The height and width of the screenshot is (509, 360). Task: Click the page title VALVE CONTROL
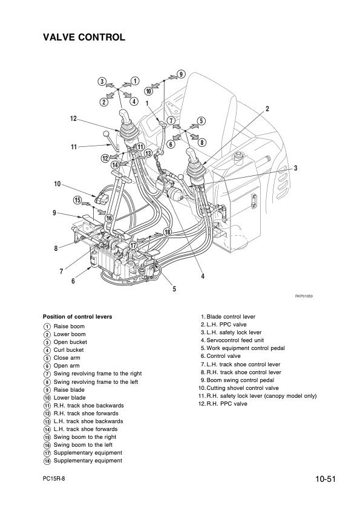tap(84, 37)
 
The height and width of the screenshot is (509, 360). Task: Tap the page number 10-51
tap(324, 479)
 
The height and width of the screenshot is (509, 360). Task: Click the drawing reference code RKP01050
tap(304, 296)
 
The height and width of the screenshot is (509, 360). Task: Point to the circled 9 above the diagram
tap(182, 74)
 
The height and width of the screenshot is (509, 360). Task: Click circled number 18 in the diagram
tap(168, 232)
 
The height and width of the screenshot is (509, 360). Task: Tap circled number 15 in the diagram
tap(77, 200)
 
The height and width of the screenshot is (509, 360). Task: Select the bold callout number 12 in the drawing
tap(73, 119)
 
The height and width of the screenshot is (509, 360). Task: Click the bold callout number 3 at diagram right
tap(296, 168)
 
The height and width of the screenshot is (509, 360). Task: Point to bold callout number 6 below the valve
tap(73, 280)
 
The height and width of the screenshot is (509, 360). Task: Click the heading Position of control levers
tap(77, 317)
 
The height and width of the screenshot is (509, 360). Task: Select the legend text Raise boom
tap(69, 326)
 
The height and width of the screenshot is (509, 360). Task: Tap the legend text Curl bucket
tap(68, 350)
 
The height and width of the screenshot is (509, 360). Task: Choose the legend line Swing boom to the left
tap(83, 445)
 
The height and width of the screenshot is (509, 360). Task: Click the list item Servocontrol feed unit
tap(235, 340)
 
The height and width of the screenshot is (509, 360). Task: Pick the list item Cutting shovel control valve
tap(243, 388)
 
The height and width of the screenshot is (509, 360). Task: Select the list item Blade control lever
tap(231, 317)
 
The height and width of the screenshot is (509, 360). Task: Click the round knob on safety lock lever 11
tap(106, 134)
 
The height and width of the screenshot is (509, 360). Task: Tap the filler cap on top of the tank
tap(240, 156)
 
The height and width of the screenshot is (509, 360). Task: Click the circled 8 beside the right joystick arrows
tap(201, 142)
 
